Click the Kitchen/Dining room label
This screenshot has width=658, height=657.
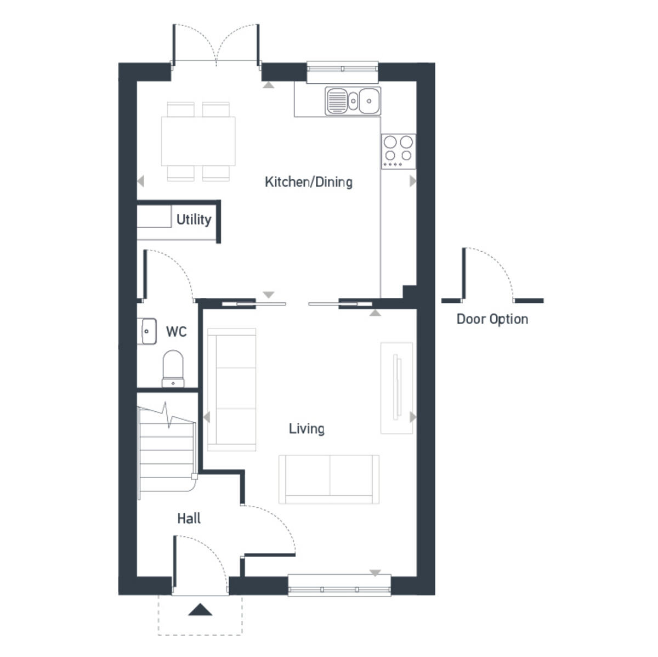point(308,182)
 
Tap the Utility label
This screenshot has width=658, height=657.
point(194,220)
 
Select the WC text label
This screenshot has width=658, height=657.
point(176,332)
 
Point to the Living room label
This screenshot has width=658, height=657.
point(307,429)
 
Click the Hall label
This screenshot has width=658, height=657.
point(189,519)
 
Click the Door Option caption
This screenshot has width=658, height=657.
point(492,319)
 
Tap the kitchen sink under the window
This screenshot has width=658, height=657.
point(353,101)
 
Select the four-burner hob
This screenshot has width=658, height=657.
point(398,151)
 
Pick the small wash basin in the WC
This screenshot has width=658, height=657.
point(148,331)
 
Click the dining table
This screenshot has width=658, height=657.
point(198,141)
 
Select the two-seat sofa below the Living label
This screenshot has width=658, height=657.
point(328,479)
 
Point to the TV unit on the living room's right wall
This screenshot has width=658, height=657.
point(396,388)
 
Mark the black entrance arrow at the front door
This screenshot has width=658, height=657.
point(200,609)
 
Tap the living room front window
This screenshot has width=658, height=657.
point(339,586)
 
